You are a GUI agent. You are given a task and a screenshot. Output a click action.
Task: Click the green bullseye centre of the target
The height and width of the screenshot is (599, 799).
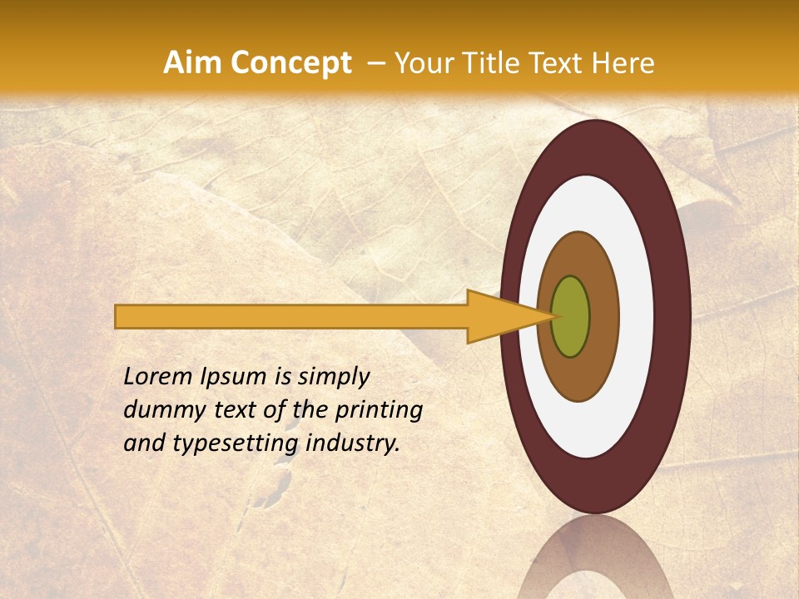pos(571,316)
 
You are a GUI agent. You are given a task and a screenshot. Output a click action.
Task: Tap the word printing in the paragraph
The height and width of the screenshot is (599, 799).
pos(379,411)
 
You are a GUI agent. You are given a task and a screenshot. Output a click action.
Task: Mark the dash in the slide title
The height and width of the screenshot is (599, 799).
pos(376,64)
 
